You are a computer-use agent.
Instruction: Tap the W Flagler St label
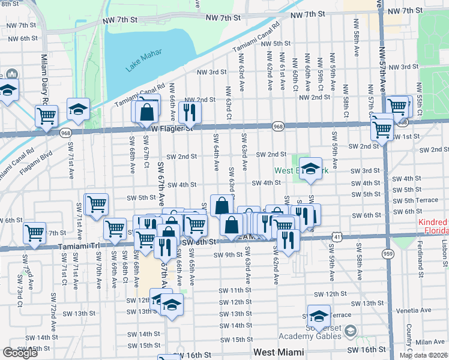[x=172, y=128]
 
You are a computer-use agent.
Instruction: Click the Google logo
[x=20, y=353]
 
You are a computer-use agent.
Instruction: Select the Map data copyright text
[x=424, y=355]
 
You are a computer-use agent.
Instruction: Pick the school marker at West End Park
[x=310, y=168]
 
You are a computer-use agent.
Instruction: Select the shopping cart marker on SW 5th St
[x=96, y=204]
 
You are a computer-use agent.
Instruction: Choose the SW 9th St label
[x=227, y=255]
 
